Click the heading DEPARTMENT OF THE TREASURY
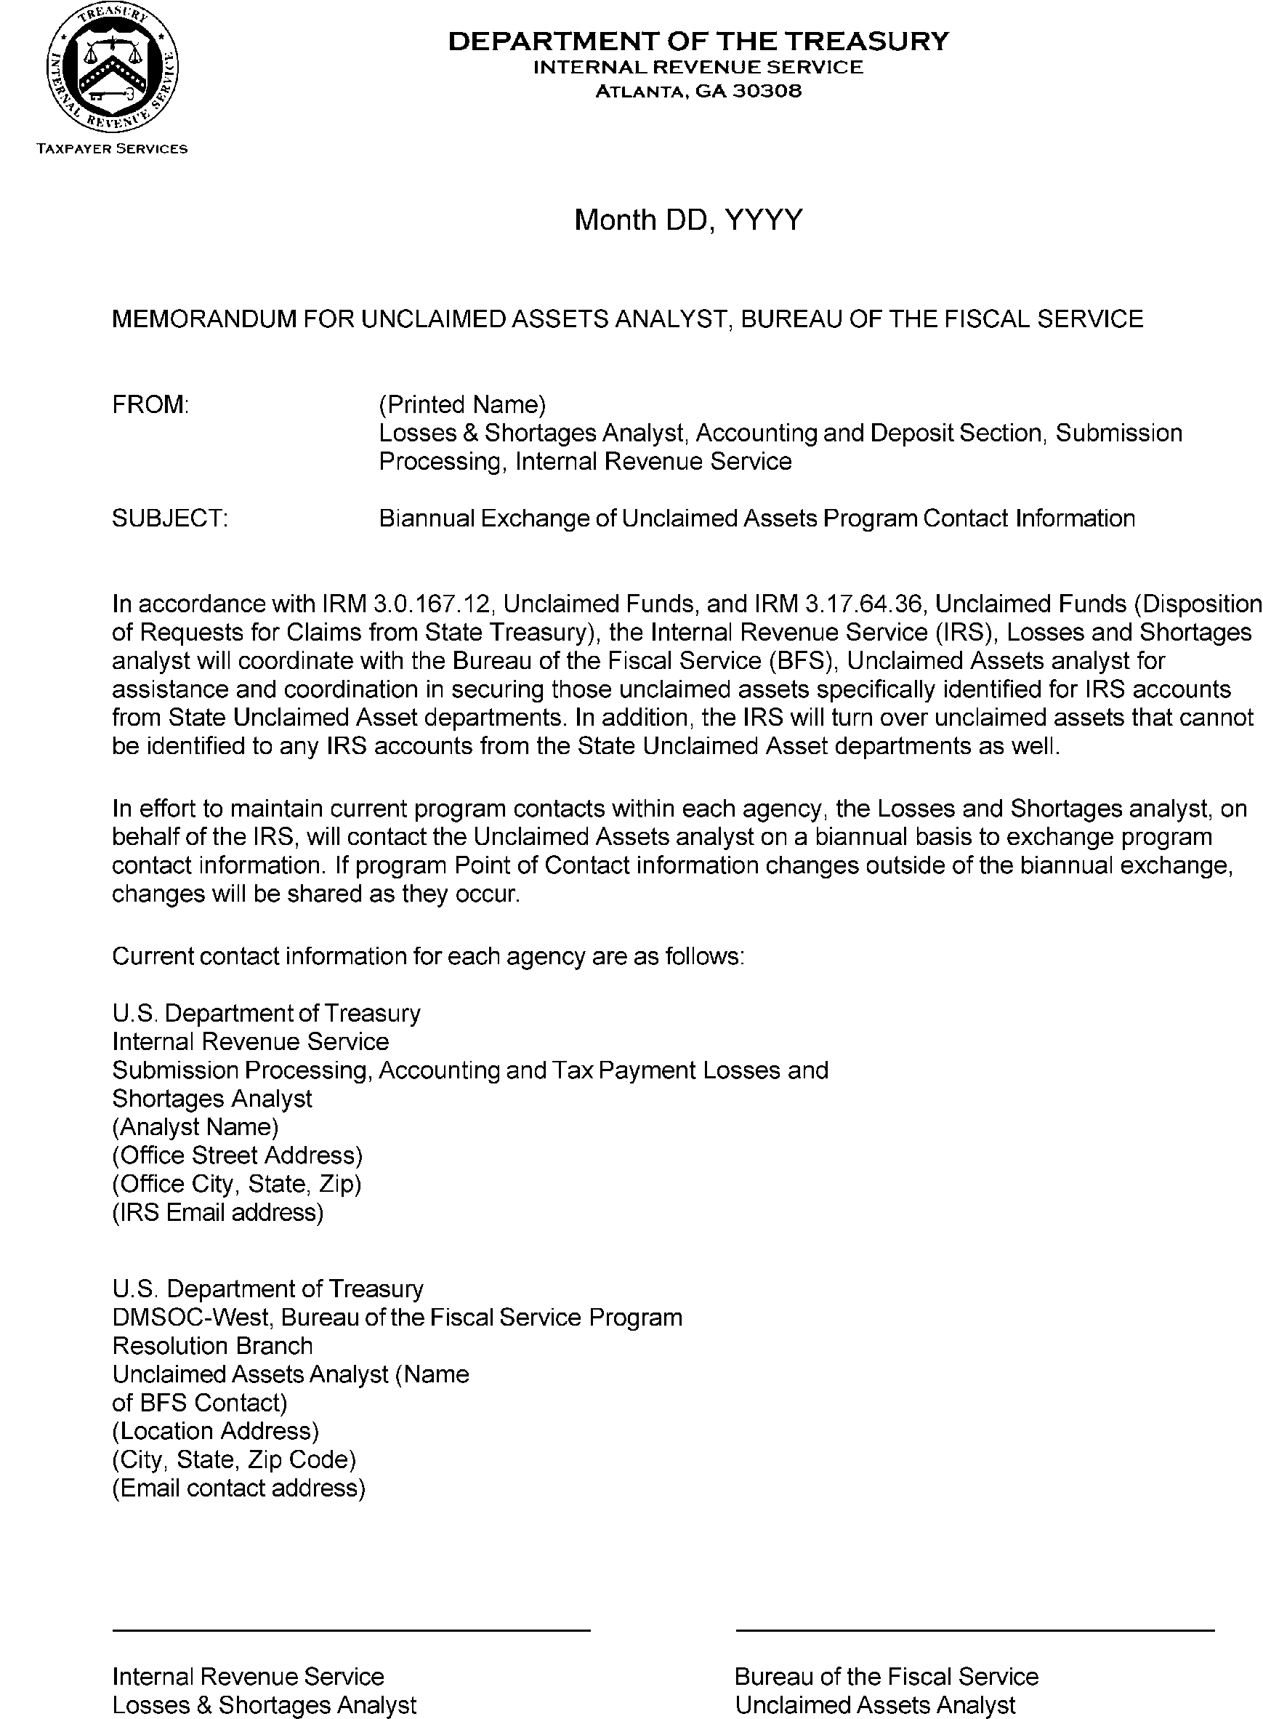[697, 41]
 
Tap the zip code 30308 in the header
[767, 92]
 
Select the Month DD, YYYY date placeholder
[688, 220]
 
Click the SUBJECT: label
[170, 518]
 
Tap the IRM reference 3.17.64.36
[866, 604]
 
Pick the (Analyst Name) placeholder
[195, 1127]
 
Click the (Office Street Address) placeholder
[237, 1155]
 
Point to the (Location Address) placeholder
[216, 1430]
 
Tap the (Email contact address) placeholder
[238, 1487]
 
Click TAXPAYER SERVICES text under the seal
[113, 149]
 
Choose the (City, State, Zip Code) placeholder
[234, 1459]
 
